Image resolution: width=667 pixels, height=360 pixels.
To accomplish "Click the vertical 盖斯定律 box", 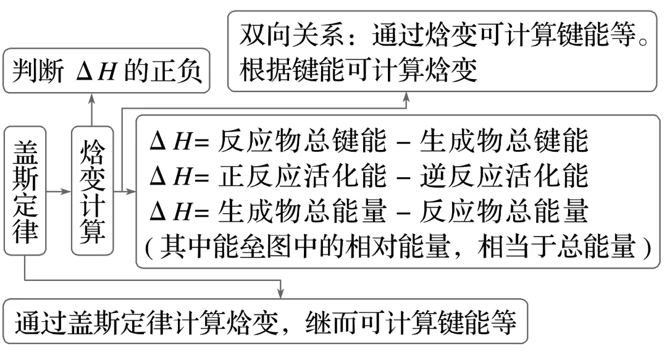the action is (25, 191).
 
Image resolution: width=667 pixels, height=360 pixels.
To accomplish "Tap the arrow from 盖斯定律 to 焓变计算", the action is (59, 192).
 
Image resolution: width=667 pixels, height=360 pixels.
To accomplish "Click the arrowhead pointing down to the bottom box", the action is (281, 291).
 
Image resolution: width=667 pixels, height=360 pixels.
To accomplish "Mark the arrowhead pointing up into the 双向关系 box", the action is (408, 97).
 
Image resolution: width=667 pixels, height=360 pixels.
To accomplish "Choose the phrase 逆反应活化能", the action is (504, 177).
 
